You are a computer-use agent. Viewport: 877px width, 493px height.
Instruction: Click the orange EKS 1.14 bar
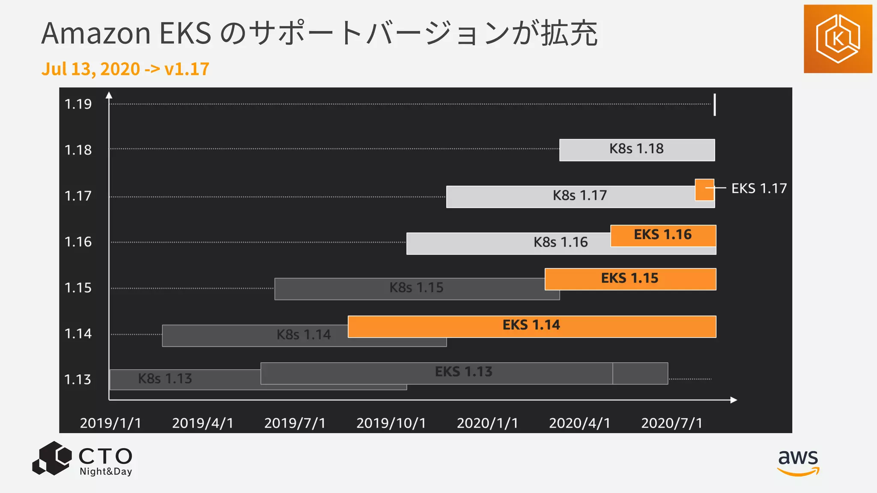[x=531, y=326]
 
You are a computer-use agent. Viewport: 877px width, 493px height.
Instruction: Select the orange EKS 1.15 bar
[x=630, y=279]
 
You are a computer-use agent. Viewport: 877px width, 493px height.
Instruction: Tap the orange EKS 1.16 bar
[x=663, y=235]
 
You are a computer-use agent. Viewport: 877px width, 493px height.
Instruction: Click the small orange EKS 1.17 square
[x=704, y=190]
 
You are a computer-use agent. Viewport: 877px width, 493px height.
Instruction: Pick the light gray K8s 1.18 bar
[x=637, y=149]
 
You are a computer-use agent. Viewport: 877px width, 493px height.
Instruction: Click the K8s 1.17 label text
[x=580, y=196]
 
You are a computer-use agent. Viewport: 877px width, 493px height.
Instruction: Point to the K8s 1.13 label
[x=165, y=379]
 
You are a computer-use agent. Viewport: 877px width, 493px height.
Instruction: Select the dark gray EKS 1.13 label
[x=463, y=372]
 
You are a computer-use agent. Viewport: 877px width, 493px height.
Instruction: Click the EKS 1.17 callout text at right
[x=759, y=188]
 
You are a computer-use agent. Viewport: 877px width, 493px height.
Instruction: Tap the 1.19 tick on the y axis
[x=78, y=104]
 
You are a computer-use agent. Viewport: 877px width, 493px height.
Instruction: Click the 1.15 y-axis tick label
[x=78, y=288]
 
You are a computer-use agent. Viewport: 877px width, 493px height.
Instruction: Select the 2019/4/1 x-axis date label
[x=203, y=423]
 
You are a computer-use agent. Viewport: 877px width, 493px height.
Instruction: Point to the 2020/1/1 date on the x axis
[x=487, y=423]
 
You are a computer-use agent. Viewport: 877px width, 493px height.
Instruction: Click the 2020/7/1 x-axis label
[x=671, y=423]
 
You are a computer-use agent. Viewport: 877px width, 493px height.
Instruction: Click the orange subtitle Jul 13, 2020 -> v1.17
[x=125, y=69]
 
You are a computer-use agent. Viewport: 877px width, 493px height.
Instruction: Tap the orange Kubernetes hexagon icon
[x=838, y=39]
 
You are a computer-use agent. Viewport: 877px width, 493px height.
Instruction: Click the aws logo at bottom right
[x=798, y=462]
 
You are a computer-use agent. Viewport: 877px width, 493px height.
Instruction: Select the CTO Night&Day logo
[x=83, y=459]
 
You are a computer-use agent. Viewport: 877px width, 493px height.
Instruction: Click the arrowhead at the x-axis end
[x=734, y=400]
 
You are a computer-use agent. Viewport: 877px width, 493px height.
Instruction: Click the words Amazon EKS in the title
[x=126, y=33]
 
